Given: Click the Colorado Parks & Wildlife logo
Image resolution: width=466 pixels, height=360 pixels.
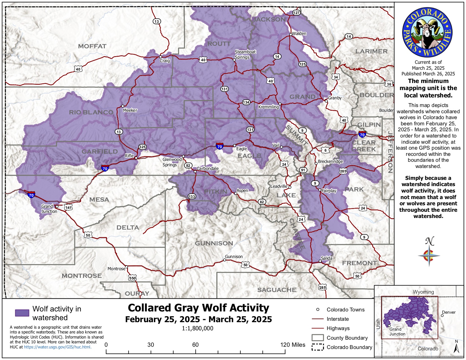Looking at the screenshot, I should [427, 32].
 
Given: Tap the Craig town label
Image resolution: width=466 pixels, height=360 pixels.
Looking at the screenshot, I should [165, 61].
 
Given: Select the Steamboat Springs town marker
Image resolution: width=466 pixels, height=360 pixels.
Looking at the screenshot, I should [234, 60].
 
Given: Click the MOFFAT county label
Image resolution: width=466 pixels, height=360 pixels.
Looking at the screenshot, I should [92, 46].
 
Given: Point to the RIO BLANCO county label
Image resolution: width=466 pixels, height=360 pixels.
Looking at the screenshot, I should [91, 112].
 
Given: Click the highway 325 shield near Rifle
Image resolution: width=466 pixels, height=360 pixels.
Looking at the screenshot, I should [142, 147].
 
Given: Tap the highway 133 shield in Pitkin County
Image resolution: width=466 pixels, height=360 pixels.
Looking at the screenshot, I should [192, 197].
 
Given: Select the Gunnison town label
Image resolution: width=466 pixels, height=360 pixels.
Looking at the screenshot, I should [234, 257].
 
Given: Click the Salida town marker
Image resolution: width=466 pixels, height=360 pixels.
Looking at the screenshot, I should [320, 261].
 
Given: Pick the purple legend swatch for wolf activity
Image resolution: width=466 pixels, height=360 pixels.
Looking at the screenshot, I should [22, 313].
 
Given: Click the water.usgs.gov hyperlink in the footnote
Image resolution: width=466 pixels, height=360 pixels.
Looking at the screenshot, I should [58, 347].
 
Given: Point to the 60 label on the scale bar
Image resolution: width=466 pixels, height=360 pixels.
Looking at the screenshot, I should [195, 345].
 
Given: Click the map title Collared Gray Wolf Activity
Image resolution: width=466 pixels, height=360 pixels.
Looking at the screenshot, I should [199, 308].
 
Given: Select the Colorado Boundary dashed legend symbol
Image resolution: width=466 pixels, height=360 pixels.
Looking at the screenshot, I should [317, 347].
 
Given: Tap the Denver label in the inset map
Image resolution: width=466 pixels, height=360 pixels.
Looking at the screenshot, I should [449, 312].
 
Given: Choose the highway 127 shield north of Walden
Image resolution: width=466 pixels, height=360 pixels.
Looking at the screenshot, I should [296, 13].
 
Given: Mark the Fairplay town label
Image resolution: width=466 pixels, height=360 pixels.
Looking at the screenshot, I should [329, 191].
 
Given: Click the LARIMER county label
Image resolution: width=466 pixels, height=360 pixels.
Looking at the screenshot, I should [371, 51].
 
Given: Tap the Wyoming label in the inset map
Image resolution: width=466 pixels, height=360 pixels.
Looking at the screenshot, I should [423, 292].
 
